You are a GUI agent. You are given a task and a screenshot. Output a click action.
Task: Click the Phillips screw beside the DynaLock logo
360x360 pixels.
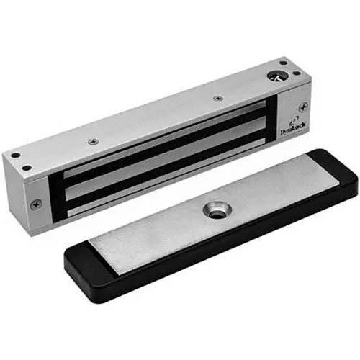303,107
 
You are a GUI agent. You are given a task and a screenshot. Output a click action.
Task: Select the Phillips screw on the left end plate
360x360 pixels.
34,204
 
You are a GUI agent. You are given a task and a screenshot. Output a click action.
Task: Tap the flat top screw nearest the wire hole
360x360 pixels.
217,98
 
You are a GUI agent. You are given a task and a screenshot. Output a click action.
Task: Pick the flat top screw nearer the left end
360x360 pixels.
92,142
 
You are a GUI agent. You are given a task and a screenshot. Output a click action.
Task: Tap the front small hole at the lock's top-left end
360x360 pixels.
27,168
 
